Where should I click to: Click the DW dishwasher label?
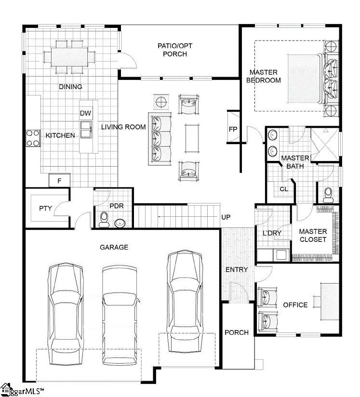click(x=85, y=113)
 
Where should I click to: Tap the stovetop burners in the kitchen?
click(x=33, y=138)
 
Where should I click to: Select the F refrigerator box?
click(x=59, y=181)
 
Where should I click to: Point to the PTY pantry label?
click(x=45, y=208)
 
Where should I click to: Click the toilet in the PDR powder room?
click(x=104, y=220)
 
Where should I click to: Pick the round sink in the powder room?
click(x=120, y=224)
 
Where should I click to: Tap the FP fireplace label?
click(x=233, y=129)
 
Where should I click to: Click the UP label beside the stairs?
click(x=226, y=217)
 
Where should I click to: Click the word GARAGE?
click(x=114, y=247)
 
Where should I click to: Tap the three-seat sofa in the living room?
click(x=160, y=139)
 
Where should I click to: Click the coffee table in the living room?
click(x=192, y=138)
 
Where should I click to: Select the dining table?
click(x=69, y=57)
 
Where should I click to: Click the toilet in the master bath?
click(x=328, y=195)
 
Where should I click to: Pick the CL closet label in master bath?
click(x=284, y=189)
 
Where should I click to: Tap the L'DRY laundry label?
click(x=272, y=233)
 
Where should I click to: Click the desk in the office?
click(x=330, y=302)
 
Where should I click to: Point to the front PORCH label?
click(x=237, y=332)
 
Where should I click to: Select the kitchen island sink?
click(x=86, y=130)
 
